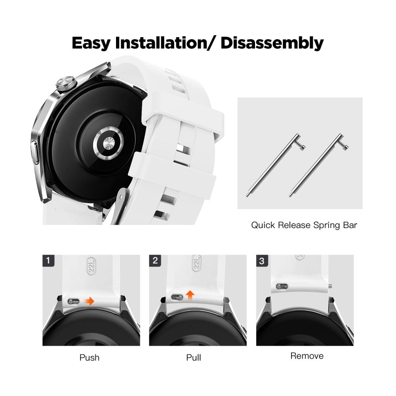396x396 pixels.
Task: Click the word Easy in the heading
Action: coord(91,43)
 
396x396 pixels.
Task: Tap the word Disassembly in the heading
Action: coord(272,43)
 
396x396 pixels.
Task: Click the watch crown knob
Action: coord(66,84)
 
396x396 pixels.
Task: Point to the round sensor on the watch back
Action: coord(109,144)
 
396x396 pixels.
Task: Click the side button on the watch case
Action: coord(35,153)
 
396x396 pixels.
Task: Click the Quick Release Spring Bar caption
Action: coord(304,225)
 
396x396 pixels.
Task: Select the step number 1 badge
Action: coord(48,261)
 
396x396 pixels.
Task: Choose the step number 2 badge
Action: coord(155,261)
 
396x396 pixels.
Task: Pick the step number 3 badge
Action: coord(262,261)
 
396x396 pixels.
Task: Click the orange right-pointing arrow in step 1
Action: coord(89,301)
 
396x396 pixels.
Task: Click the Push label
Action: coord(89,358)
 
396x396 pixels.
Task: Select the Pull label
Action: coord(194,358)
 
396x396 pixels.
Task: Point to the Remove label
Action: coord(307,356)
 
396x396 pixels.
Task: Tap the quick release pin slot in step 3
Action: coord(282,286)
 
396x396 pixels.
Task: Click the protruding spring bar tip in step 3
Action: coord(330,286)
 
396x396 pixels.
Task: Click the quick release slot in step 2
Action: coord(177,297)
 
